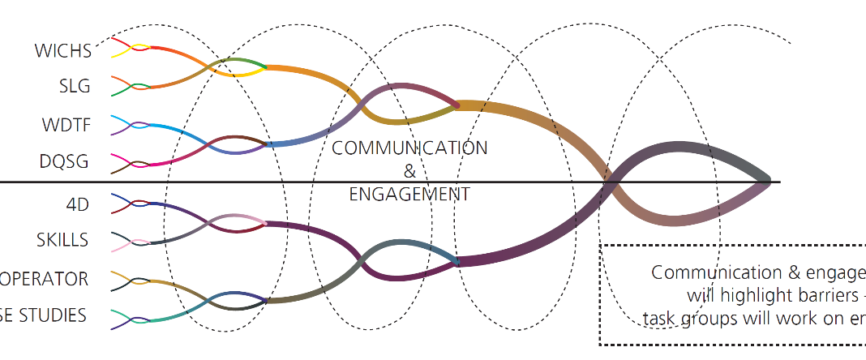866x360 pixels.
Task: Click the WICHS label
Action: pyautogui.click(x=62, y=50)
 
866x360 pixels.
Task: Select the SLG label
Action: pyautogui.click(x=75, y=87)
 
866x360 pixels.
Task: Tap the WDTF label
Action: pyautogui.click(x=66, y=126)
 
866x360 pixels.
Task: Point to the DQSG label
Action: pyautogui.click(x=64, y=162)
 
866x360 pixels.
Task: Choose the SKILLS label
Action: pyautogui.click(x=62, y=240)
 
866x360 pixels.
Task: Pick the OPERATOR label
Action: pyautogui.click(x=44, y=278)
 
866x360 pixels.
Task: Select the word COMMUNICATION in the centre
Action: pyautogui.click(x=409, y=148)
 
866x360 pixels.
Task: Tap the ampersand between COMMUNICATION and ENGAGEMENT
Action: pyautogui.click(x=409, y=171)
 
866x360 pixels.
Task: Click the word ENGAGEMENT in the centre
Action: pyautogui.click(x=409, y=194)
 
